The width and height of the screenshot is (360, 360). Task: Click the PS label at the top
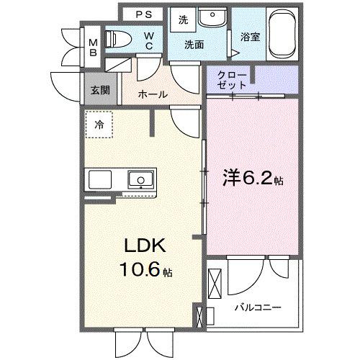point(143,13)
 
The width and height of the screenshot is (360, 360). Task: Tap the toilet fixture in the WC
point(115,40)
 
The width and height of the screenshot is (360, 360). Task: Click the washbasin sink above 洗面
point(213,19)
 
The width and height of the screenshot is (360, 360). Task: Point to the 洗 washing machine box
point(184,21)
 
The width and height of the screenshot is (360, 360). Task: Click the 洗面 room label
point(193,45)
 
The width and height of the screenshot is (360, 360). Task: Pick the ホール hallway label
point(153,94)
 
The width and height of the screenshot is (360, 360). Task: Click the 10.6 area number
point(135,271)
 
